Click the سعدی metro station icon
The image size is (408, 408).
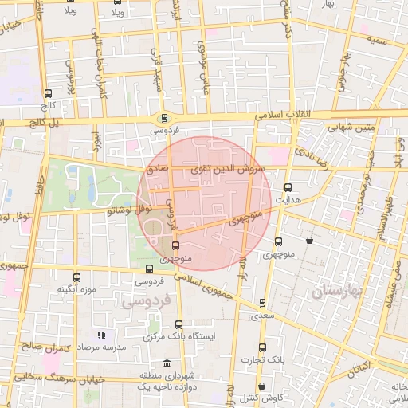(x=263, y=303)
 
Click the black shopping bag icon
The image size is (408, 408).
(x=309, y=240)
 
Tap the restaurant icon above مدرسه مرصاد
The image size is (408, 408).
(x=100, y=335)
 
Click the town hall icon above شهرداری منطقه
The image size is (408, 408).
(x=165, y=363)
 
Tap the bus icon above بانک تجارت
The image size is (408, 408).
(x=262, y=347)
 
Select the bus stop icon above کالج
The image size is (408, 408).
(x=49, y=93)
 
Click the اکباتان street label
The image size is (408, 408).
(x=359, y=367)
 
